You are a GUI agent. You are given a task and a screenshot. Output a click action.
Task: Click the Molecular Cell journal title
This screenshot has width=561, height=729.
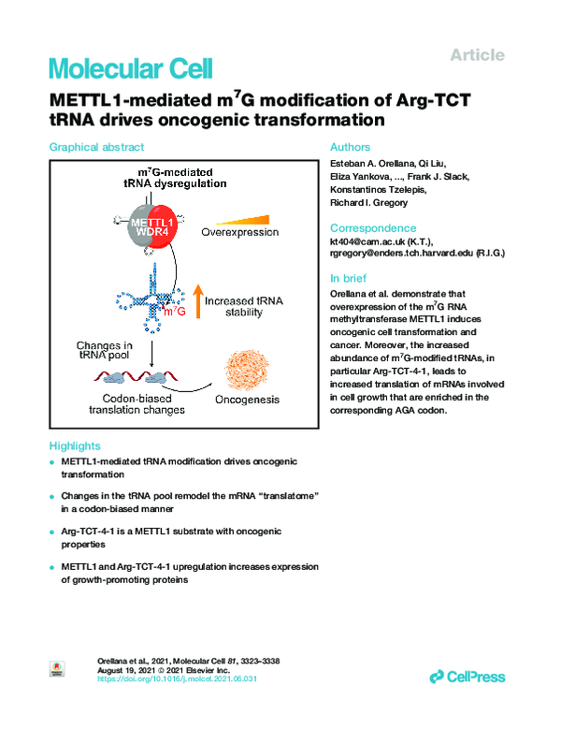click(131, 68)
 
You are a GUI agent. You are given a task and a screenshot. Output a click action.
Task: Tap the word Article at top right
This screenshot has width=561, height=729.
click(477, 55)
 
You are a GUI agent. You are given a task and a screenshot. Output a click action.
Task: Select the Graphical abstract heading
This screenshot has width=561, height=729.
click(96, 147)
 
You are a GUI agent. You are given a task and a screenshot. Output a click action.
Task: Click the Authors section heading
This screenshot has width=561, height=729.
click(350, 147)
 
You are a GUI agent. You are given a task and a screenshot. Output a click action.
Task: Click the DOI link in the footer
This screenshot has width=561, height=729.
click(177, 678)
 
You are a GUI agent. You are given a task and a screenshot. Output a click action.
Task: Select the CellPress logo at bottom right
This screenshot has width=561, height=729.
click(467, 676)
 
